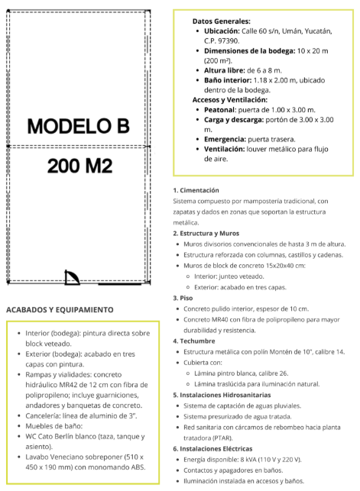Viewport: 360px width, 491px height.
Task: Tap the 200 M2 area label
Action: [79, 165]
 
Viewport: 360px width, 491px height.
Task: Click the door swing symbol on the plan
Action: [73, 277]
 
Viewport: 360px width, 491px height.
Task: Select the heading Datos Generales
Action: [221, 21]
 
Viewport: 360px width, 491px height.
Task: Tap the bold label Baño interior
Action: [232, 79]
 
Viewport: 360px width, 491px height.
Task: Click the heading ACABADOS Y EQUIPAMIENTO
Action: [60, 309]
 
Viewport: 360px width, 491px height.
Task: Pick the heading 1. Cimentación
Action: [196, 189]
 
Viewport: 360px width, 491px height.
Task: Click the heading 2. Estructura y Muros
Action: [206, 233]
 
